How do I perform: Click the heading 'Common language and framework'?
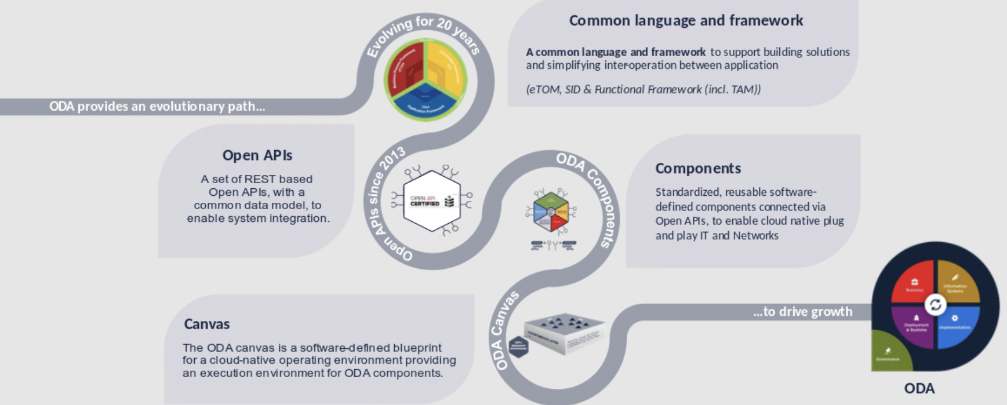pos(686,21)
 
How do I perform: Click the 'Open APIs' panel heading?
pos(257,155)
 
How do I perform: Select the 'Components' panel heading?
pos(698,168)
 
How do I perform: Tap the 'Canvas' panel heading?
pos(207,324)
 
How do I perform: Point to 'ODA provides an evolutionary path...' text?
pos(157,107)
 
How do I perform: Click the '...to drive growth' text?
pos(802,312)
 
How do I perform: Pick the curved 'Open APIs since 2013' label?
pos(383,209)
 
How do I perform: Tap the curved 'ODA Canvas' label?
pos(503,331)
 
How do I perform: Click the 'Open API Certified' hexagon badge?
pos(432,200)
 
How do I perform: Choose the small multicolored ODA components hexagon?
pos(551,211)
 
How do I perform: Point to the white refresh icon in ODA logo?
pos(935,305)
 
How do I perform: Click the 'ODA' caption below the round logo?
pos(919,388)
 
